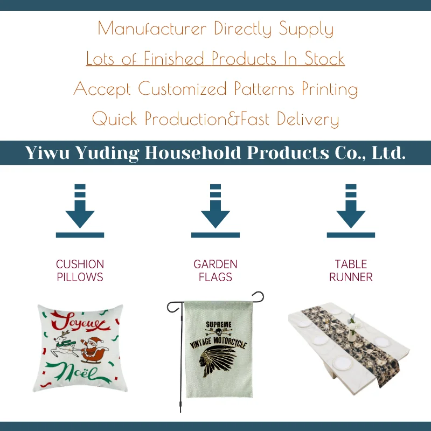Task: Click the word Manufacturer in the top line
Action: (x=152, y=29)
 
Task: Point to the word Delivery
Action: (x=308, y=119)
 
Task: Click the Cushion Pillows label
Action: (x=80, y=271)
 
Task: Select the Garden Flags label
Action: (x=215, y=271)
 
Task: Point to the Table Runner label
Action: (x=351, y=271)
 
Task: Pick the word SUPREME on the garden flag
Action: (x=219, y=324)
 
